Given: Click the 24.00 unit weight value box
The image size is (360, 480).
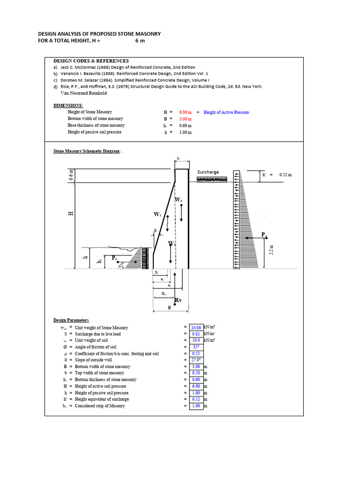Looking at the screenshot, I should pyautogui.click(x=196, y=327).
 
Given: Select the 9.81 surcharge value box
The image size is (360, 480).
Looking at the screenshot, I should pyautogui.click(x=196, y=334).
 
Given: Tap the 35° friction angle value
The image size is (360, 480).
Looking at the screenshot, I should pyautogui.click(x=196, y=347).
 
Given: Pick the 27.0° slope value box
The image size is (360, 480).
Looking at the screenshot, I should pyautogui.click(x=196, y=360).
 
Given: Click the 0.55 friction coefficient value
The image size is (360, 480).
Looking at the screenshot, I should pyautogui.click(x=196, y=353).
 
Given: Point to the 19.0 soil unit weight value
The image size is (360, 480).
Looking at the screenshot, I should pyautogui.click(x=196, y=340).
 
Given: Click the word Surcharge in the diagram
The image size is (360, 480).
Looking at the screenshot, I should pyautogui.click(x=208, y=172).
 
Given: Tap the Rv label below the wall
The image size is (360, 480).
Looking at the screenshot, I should pyautogui.click(x=178, y=300).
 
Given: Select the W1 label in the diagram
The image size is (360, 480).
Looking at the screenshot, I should pyautogui.click(x=157, y=214).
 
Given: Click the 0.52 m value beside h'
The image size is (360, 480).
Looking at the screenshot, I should pyautogui.click(x=285, y=174).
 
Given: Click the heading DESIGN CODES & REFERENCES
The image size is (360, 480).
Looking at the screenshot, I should pyautogui.click(x=91, y=61).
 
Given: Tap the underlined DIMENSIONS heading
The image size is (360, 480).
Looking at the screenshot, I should pyautogui.click(x=68, y=105).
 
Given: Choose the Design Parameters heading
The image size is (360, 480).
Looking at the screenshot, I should pyautogui.click(x=71, y=320).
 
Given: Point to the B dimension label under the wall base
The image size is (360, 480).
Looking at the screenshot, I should pyautogui.click(x=170, y=308).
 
